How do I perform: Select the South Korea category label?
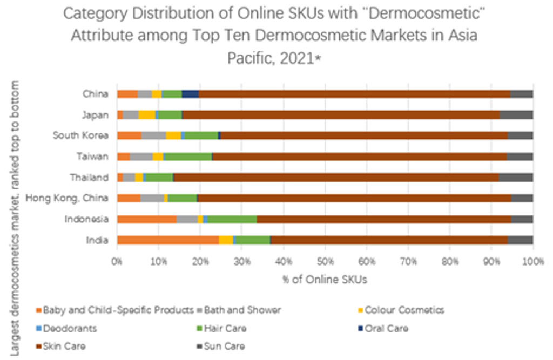coord(80,135)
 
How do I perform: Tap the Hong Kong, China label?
coord(67,198)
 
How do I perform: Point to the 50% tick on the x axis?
coord(325,262)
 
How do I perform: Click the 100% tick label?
coord(532,262)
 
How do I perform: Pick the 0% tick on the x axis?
coord(117,262)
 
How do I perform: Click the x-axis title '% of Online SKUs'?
coord(325,280)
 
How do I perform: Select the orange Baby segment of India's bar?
coord(167,240)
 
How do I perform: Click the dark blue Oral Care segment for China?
coord(190,94)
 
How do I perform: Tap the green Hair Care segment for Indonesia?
coord(232,219)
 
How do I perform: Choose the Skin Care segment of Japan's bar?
coord(341,114)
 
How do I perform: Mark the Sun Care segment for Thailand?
coord(516,177)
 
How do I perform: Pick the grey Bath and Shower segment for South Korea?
coord(153,135)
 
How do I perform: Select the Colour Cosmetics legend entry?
coord(404,310)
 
